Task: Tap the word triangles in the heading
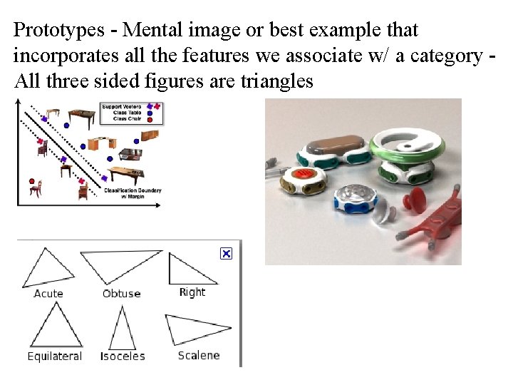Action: pos(271,81)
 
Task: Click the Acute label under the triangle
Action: pos(48,293)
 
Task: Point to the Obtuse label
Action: pos(122,293)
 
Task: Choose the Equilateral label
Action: pos(55,356)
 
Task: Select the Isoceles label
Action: pos(123,356)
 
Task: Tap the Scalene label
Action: pos(199,355)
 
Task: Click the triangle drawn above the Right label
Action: pos(187,270)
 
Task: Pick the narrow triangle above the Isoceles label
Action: pos(123,329)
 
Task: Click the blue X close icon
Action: pos(226,254)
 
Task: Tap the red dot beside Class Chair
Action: pos(150,119)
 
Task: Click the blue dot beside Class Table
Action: pos(150,113)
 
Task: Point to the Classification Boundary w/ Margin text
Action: pos(133,192)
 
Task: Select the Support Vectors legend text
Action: pos(121,106)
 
